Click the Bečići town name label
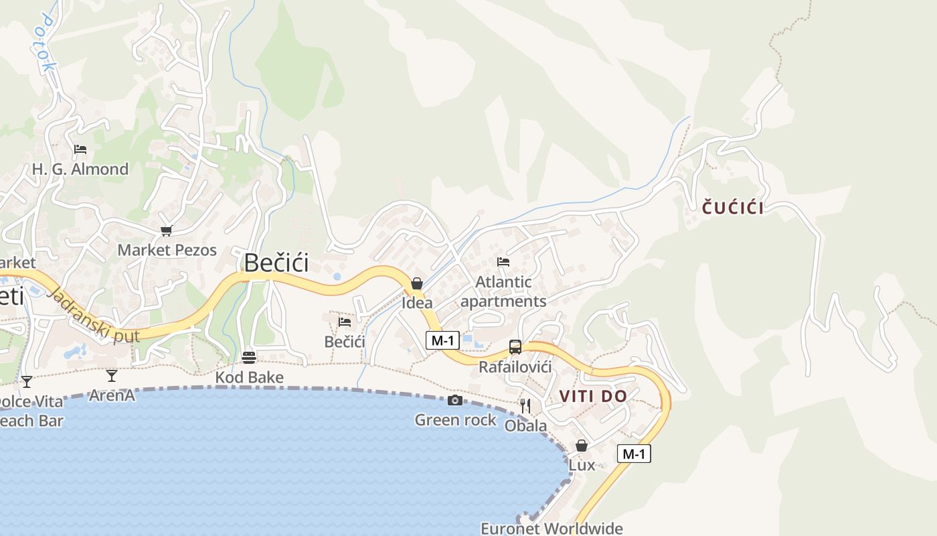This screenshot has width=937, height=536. point(276,263)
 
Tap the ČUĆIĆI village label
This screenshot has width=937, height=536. point(733,208)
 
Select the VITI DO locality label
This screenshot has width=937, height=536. point(593,396)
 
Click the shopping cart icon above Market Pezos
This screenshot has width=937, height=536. point(166,231)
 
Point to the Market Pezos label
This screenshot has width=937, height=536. point(167,251)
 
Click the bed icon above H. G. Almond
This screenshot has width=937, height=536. point(80,149)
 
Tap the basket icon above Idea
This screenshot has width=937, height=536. point(417,283)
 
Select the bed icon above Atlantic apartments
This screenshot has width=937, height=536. point(503,262)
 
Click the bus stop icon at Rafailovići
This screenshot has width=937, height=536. point(515,347)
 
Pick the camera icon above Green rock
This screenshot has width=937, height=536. point(455,401)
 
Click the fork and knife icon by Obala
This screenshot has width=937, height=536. point(525,406)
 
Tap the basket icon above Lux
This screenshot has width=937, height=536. point(582,446)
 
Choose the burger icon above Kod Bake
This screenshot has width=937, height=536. point(249,358)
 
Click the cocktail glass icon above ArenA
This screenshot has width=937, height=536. point(112,376)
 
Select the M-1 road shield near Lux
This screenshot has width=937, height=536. point(633,454)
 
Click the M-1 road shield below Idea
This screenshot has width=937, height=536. point(442,340)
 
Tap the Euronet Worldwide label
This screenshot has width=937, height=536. point(551,528)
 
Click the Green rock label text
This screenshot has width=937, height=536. point(455,420)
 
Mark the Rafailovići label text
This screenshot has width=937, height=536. point(515,367)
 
